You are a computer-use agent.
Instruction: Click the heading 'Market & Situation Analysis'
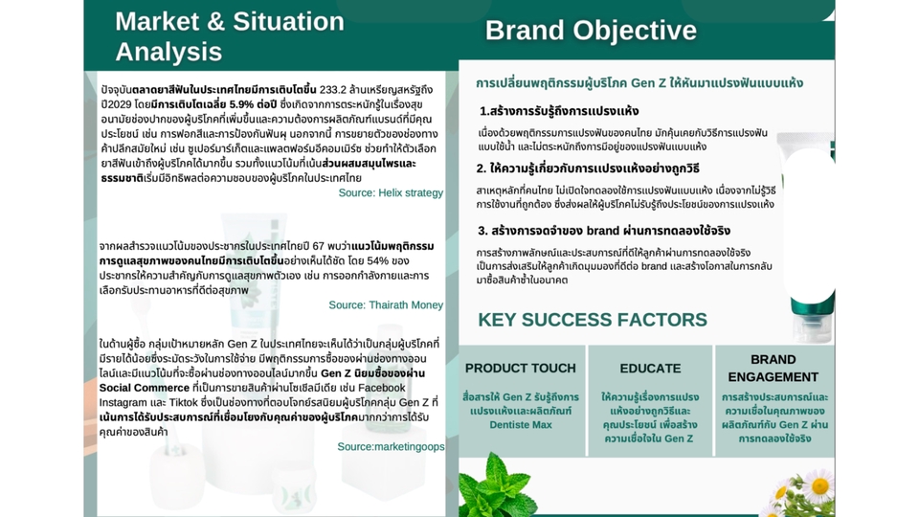(x=230, y=36)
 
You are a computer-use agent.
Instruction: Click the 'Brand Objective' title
(x=591, y=31)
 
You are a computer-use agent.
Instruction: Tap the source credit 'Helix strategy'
(x=411, y=192)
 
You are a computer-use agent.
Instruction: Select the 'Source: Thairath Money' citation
(x=386, y=304)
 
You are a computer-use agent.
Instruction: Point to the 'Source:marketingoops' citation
(x=391, y=447)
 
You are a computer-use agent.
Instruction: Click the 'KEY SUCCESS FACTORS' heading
(x=593, y=320)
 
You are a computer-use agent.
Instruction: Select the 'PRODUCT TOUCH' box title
(x=521, y=368)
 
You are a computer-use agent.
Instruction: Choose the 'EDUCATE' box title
(x=651, y=368)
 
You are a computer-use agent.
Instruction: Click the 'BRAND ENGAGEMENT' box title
(x=773, y=368)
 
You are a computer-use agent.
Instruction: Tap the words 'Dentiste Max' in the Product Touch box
(x=521, y=424)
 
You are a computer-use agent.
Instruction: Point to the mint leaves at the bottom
(x=497, y=486)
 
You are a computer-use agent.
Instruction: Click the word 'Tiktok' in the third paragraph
(x=184, y=403)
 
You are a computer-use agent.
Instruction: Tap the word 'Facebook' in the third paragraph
(x=382, y=388)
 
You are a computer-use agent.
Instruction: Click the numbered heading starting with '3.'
(x=604, y=231)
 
